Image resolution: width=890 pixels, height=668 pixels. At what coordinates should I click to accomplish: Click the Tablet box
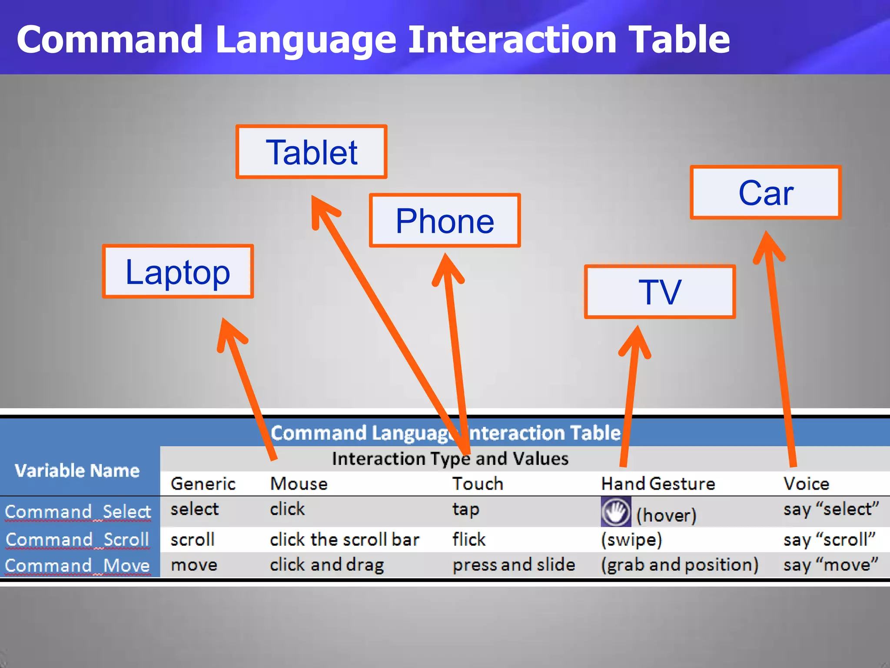(311, 152)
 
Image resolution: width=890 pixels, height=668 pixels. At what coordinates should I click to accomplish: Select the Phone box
(445, 220)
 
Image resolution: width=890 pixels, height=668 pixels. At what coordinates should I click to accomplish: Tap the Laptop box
(178, 271)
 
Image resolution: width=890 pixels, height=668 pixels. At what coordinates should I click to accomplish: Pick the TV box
(660, 292)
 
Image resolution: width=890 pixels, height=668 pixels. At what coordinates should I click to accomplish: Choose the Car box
(766, 192)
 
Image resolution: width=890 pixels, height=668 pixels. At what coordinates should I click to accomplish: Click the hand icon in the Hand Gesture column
(616, 511)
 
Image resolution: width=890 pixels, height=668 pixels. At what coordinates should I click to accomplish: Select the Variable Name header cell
(77, 471)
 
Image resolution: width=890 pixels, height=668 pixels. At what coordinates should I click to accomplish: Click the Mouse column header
(299, 484)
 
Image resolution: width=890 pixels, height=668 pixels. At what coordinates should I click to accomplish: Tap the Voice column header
(806, 484)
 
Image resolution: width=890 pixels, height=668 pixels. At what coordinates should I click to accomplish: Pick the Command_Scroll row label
(77, 539)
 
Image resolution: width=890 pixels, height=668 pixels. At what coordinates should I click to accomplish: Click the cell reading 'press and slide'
(514, 564)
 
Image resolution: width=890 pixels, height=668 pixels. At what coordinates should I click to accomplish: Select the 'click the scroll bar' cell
(344, 539)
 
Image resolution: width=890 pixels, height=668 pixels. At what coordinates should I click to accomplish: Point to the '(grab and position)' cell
(680, 564)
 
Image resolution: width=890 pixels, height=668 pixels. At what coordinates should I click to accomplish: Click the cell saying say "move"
(830, 564)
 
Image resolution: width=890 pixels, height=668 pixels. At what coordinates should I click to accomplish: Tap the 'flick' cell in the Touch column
(468, 539)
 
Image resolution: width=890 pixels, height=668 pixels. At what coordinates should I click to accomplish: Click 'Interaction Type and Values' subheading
(450, 459)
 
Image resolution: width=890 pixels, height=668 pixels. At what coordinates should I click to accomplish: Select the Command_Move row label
(77, 565)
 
